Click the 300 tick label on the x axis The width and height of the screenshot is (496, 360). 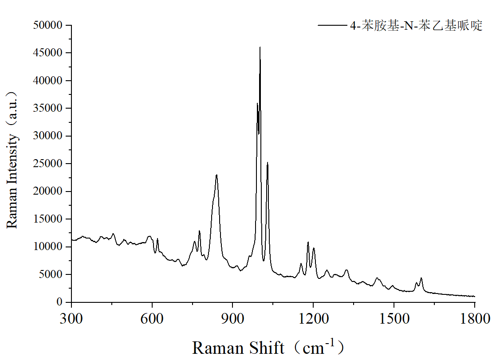[x=71, y=318]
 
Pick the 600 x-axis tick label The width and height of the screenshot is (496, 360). [x=152, y=318]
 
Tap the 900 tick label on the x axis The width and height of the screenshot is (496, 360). [x=233, y=318]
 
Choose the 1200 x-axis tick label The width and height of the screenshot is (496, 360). [x=313, y=318]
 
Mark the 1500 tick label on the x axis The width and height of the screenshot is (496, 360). [x=394, y=318]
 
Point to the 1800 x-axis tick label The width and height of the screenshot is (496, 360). [x=475, y=318]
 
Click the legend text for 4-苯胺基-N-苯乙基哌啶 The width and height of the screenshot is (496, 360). [x=416, y=26]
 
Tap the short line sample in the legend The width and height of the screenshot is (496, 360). [x=332, y=26]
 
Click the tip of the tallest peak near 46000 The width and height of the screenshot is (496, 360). [x=260, y=47]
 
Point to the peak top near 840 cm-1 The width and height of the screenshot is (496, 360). [x=217, y=175]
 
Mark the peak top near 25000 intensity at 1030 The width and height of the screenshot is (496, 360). [x=268, y=163]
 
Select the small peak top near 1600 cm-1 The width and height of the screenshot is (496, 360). [x=421, y=278]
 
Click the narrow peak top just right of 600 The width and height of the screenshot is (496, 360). [x=157, y=239]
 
